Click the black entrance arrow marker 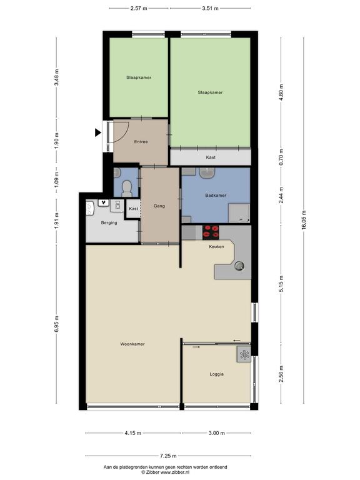click(x=97, y=132)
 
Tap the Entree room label click(x=141, y=142)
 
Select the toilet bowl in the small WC click(x=126, y=189)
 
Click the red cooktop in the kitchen click(x=211, y=232)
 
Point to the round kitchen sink click(x=239, y=266)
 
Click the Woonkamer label click(x=132, y=344)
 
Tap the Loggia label click(x=216, y=374)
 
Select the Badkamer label click(x=216, y=195)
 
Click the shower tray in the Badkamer click(x=239, y=213)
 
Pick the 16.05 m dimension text click(x=304, y=220)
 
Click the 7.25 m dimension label click(x=168, y=456)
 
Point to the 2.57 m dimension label click(x=139, y=8)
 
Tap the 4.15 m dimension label click(x=133, y=433)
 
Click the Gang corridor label click(x=159, y=206)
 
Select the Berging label click(x=109, y=223)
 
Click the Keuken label click(x=216, y=246)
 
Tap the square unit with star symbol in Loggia click(x=244, y=354)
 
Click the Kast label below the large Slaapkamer click(x=211, y=157)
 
